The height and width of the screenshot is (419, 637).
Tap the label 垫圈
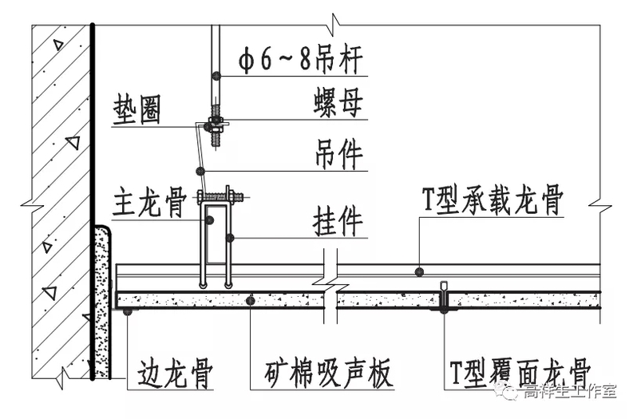click(x=136, y=109)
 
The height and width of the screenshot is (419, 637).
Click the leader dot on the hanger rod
click(x=216, y=77)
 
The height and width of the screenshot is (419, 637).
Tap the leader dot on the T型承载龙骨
click(x=419, y=271)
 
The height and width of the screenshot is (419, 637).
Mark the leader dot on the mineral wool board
click(x=251, y=301)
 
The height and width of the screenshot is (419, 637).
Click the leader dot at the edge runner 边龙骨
click(x=128, y=313)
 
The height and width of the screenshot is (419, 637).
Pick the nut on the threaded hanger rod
click(x=215, y=125)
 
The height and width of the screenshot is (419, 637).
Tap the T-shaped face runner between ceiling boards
click(x=444, y=297)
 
